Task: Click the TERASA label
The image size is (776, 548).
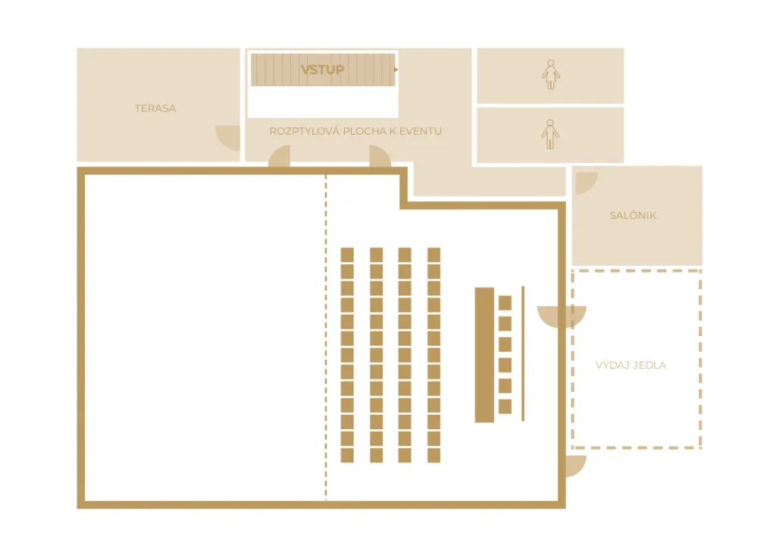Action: click(x=155, y=108)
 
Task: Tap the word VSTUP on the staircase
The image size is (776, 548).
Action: click(x=323, y=70)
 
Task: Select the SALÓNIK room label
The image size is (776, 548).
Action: click(x=633, y=216)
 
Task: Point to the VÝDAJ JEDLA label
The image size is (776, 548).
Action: click(x=631, y=365)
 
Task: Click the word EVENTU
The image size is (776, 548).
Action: click(x=421, y=131)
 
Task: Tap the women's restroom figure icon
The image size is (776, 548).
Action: click(x=550, y=75)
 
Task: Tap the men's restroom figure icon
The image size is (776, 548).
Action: click(x=550, y=134)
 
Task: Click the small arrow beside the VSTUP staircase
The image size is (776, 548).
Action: click(x=396, y=70)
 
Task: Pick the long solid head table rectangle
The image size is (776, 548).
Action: click(x=484, y=355)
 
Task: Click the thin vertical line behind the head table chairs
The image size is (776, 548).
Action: click(x=523, y=353)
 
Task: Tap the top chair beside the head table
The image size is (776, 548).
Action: click(x=505, y=303)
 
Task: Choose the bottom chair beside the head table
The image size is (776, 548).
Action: click(x=505, y=406)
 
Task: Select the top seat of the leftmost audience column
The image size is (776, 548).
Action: click(x=347, y=255)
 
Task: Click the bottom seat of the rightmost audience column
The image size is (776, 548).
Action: click(x=434, y=455)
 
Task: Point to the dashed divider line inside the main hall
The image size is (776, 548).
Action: click(x=326, y=338)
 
